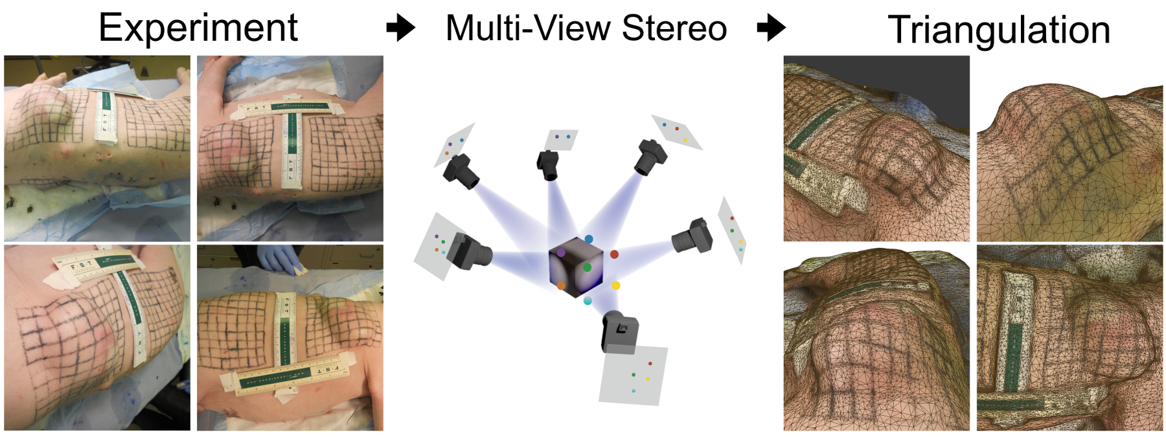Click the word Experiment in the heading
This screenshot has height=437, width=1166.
198,28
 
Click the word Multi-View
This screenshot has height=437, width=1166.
527,28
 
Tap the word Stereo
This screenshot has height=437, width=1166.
674,28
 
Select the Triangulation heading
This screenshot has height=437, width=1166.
998,30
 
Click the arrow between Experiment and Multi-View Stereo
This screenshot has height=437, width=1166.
400,28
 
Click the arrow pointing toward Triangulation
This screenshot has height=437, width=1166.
771,28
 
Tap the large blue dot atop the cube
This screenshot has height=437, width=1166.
588,240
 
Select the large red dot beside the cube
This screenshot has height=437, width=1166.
614,254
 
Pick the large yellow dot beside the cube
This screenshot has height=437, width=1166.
615,286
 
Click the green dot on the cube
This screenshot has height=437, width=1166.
587,267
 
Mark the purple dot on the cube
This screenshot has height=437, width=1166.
561,252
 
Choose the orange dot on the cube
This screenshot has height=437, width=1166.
561,286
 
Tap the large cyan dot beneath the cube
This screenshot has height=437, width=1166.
588,301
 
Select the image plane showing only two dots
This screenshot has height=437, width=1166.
562,139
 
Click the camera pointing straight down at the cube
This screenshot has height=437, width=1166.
548,164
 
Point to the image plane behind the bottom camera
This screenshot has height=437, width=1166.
633,375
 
